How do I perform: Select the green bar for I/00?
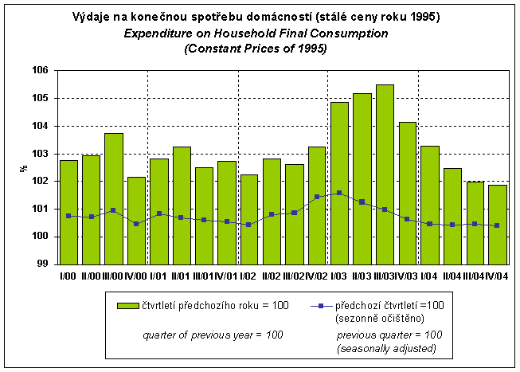point(68,212)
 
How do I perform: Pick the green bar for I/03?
point(339,182)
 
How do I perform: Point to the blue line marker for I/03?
point(339,193)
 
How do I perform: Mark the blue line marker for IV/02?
point(317,196)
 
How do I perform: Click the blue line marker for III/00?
point(114,210)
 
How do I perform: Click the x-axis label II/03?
point(362,276)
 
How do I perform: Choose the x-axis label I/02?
point(249,276)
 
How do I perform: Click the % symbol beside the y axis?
point(25,167)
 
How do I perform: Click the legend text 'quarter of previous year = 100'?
point(213,335)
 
